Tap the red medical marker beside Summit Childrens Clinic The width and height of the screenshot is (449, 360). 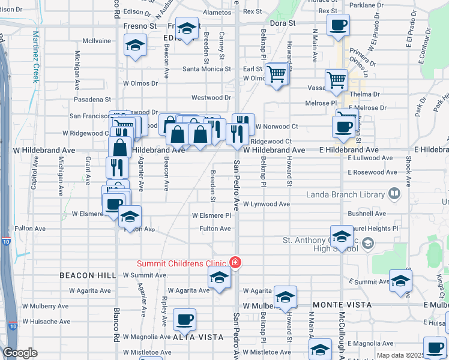(x=235, y=263)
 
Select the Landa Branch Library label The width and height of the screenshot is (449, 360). (x=345, y=194)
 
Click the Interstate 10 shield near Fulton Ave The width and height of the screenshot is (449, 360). (x=6, y=241)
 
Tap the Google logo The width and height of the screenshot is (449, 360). (x=20, y=352)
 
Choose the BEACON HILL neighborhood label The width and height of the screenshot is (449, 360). (x=87, y=275)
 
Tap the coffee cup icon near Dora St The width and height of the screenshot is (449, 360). (x=337, y=26)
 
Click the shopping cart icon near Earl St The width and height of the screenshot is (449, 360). (x=277, y=74)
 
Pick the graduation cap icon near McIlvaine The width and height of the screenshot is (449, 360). (x=135, y=45)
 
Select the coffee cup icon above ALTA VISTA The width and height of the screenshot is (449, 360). (x=184, y=319)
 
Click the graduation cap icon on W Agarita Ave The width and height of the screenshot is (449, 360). (x=219, y=278)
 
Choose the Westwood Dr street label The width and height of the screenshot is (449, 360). (x=211, y=97)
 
